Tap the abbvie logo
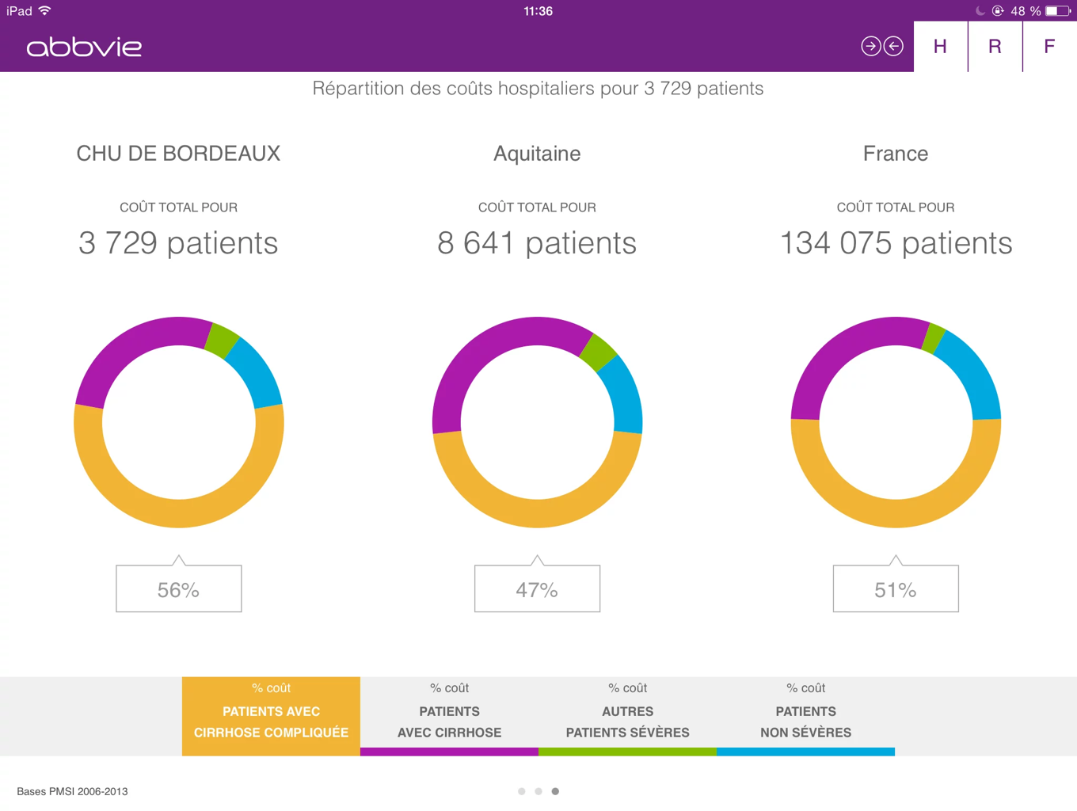pyautogui.click(x=84, y=48)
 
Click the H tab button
pyautogui.click(x=940, y=47)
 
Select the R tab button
pyautogui.click(x=995, y=47)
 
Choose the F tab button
pyautogui.click(x=1049, y=47)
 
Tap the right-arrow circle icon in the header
pyautogui.click(x=870, y=47)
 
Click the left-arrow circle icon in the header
pyautogui.click(x=893, y=47)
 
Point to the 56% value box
pyautogui.click(x=179, y=588)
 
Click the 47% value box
pyautogui.click(x=537, y=588)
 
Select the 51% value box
pyautogui.click(x=896, y=588)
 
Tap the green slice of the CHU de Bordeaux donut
pyautogui.click(x=221, y=341)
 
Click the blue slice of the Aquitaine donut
pyautogui.click(x=623, y=393)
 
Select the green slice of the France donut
pyautogui.click(x=934, y=338)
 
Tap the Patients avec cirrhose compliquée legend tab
pyautogui.click(x=271, y=716)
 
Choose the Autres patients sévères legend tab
pyautogui.click(x=627, y=716)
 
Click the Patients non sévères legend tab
pyautogui.click(x=805, y=716)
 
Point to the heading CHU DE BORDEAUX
pyautogui.click(x=178, y=154)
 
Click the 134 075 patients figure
pyautogui.click(x=896, y=243)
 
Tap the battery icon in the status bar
pyautogui.click(x=1057, y=11)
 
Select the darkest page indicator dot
pyautogui.click(x=555, y=791)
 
